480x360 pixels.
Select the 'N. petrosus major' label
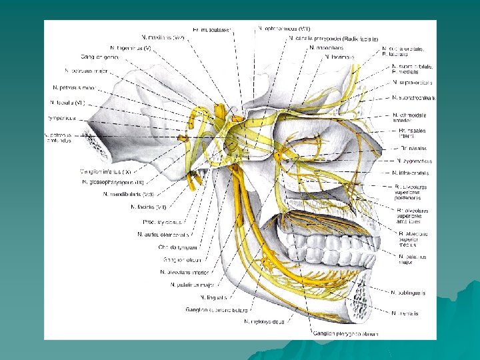coord(86,70)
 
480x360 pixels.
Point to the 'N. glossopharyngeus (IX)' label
coord(113,182)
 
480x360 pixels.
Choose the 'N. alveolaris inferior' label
coord(185,272)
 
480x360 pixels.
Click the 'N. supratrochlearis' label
coord(414,98)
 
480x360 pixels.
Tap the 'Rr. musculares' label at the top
coord(212,30)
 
